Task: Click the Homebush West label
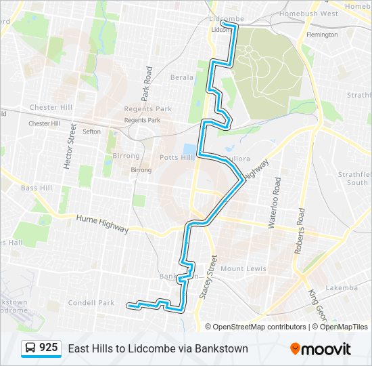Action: pyautogui.click(x=309, y=14)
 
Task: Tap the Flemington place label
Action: pyautogui.click(x=321, y=35)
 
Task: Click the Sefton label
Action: pyautogui.click(x=92, y=131)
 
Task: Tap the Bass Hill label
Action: pyautogui.click(x=35, y=188)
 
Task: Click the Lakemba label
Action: pyautogui.click(x=342, y=287)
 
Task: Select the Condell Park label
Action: pyautogui.click(x=92, y=303)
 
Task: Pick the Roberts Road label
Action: pyautogui.click(x=298, y=230)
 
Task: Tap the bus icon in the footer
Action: pyautogui.click(x=30, y=348)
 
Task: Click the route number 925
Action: pyautogui.click(x=48, y=348)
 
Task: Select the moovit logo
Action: pyautogui.click(x=321, y=349)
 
